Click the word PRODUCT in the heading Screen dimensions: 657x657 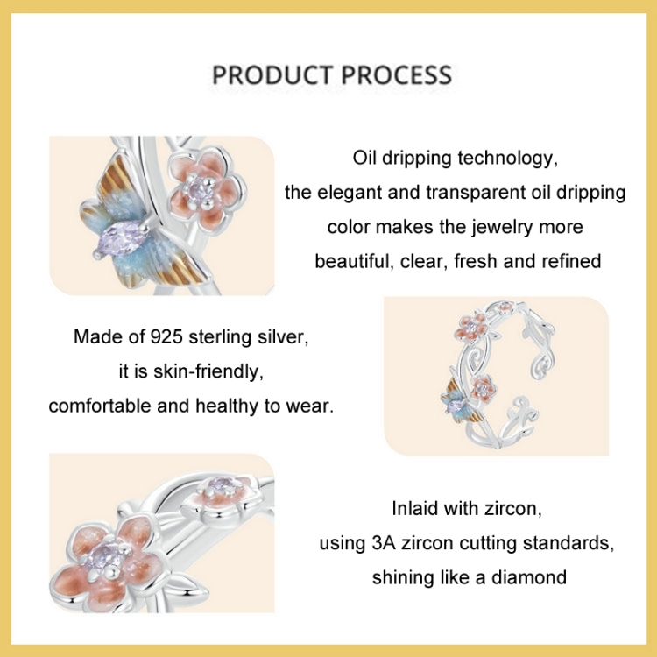[272, 75]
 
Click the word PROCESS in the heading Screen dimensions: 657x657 [396, 75]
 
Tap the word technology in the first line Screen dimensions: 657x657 [508, 159]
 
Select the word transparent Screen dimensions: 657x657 [476, 193]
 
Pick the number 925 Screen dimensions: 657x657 [166, 336]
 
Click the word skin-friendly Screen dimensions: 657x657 [208, 371]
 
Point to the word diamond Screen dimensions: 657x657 [529, 577]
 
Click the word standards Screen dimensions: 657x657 [569, 543]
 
